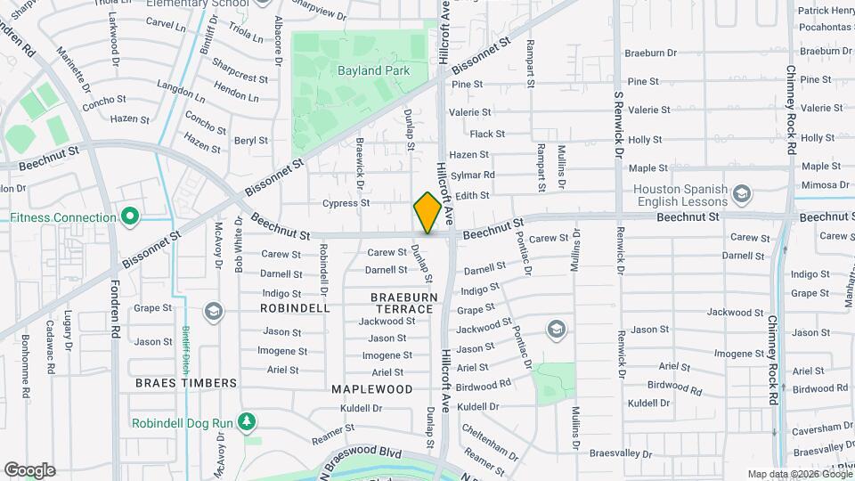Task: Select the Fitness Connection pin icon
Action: pos(130,216)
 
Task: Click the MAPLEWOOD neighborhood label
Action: pos(371,389)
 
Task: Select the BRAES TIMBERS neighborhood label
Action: pos(186,382)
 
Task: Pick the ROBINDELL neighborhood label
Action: pos(295,307)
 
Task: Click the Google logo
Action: pos(29,469)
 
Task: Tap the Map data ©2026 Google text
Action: pos(797,474)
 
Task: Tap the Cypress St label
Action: pos(346,203)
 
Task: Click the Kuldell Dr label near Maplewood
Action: pos(361,408)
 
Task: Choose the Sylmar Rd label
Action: pos(473,175)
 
